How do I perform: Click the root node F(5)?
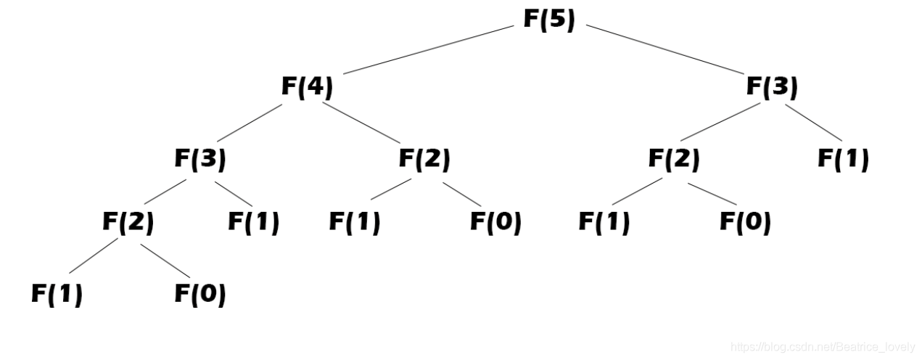point(549,20)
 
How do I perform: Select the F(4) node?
point(307,87)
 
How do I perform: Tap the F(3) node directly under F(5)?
point(772,87)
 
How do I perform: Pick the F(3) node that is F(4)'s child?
point(199,159)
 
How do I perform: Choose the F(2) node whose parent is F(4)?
point(424,159)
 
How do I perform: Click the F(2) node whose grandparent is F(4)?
point(128,222)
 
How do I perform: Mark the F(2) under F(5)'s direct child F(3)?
point(674,159)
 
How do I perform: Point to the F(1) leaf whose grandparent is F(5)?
point(843,159)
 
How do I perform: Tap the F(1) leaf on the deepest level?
point(57,294)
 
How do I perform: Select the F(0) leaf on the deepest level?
point(199,294)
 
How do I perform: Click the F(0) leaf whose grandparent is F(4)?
point(495,222)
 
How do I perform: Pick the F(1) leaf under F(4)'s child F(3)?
point(253,222)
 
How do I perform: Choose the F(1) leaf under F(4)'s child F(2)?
point(354,222)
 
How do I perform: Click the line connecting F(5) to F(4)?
point(428,49)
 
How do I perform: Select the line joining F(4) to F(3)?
point(250,123)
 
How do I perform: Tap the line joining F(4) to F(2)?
point(361,122)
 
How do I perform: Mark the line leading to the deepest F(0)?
point(165,261)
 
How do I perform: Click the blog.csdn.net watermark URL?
point(823,347)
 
